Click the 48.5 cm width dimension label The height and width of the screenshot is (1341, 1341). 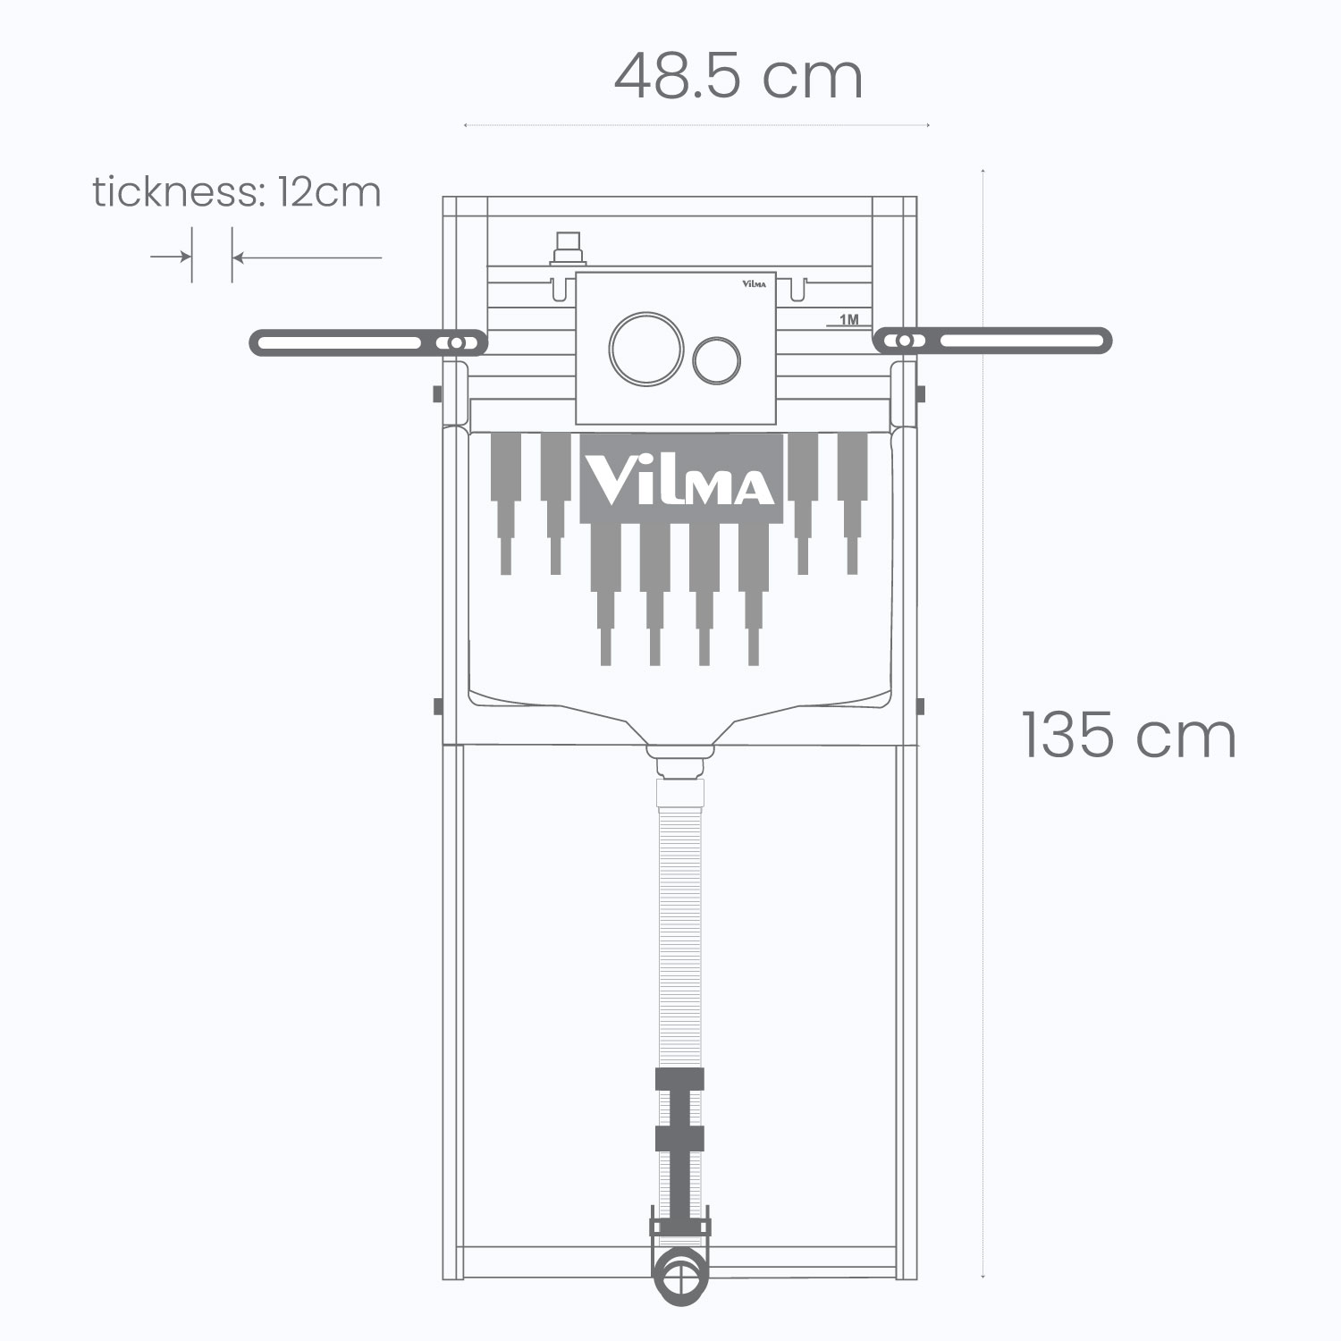click(738, 77)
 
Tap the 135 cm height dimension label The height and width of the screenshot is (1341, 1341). click(1129, 736)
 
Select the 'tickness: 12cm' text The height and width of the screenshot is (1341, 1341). click(237, 192)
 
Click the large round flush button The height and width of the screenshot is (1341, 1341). click(647, 350)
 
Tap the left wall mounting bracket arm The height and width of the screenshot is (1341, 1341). click(368, 342)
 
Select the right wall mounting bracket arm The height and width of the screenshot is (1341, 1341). click(992, 341)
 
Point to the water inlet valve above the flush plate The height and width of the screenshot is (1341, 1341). click(569, 250)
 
